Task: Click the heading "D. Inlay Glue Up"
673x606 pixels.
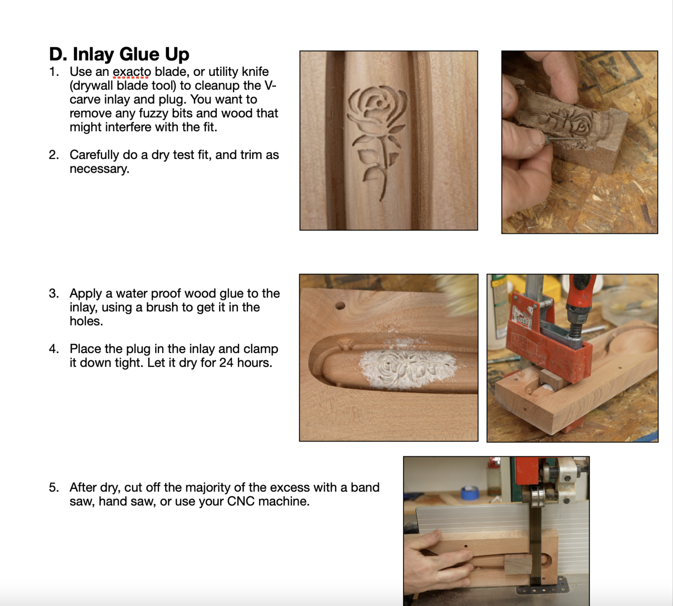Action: (119, 54)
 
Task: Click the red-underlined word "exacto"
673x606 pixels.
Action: (131, 71)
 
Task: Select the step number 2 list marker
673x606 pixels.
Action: (54, 155)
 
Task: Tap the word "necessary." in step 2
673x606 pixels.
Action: (99, 169)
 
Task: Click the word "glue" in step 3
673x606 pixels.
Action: (230, 293)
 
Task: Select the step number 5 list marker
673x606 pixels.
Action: (54, 487)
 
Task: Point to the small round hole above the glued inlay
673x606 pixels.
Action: (340, 306)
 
